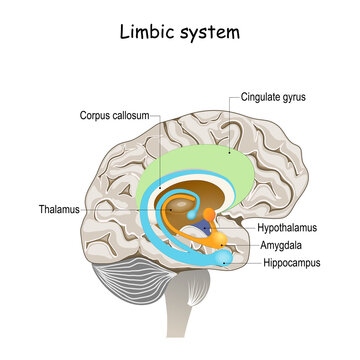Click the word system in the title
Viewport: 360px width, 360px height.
tap(211, 32)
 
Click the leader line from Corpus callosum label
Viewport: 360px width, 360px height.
tap(158, 150)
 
